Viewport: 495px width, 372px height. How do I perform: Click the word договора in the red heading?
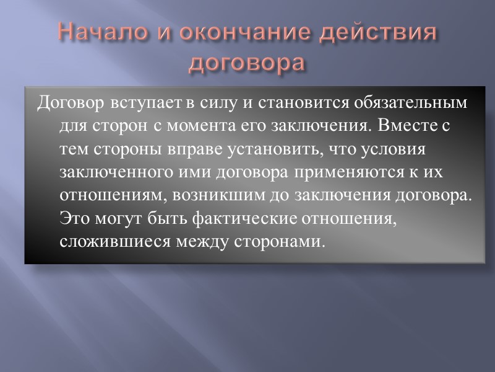(x=247, y=62)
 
